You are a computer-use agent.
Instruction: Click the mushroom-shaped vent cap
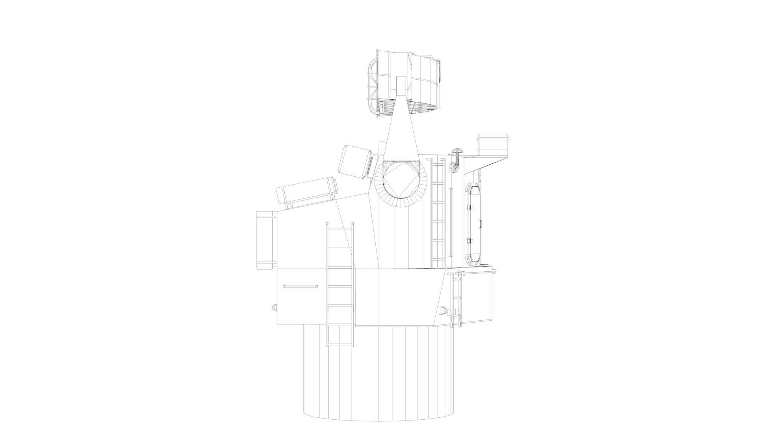(x=457, y=151)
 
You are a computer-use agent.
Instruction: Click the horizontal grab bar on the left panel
(x=300, y=287)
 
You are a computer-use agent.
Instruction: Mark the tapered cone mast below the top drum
(x=401, y=130)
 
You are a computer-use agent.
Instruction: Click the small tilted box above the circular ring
(x=356, y=161)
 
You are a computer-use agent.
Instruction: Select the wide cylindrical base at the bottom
(x=378, y=375)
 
